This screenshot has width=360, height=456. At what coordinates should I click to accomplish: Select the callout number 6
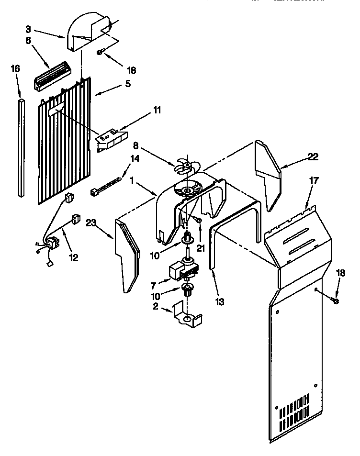(x=29, y=41)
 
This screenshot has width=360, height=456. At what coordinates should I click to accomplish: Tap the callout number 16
(x=16, y=69)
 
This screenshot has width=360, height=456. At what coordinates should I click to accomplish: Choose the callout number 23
(x=92, y=222)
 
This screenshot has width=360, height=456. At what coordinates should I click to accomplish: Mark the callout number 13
(x=220, y=302)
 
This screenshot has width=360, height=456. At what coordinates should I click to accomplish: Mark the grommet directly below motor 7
(x=187, y=289)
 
